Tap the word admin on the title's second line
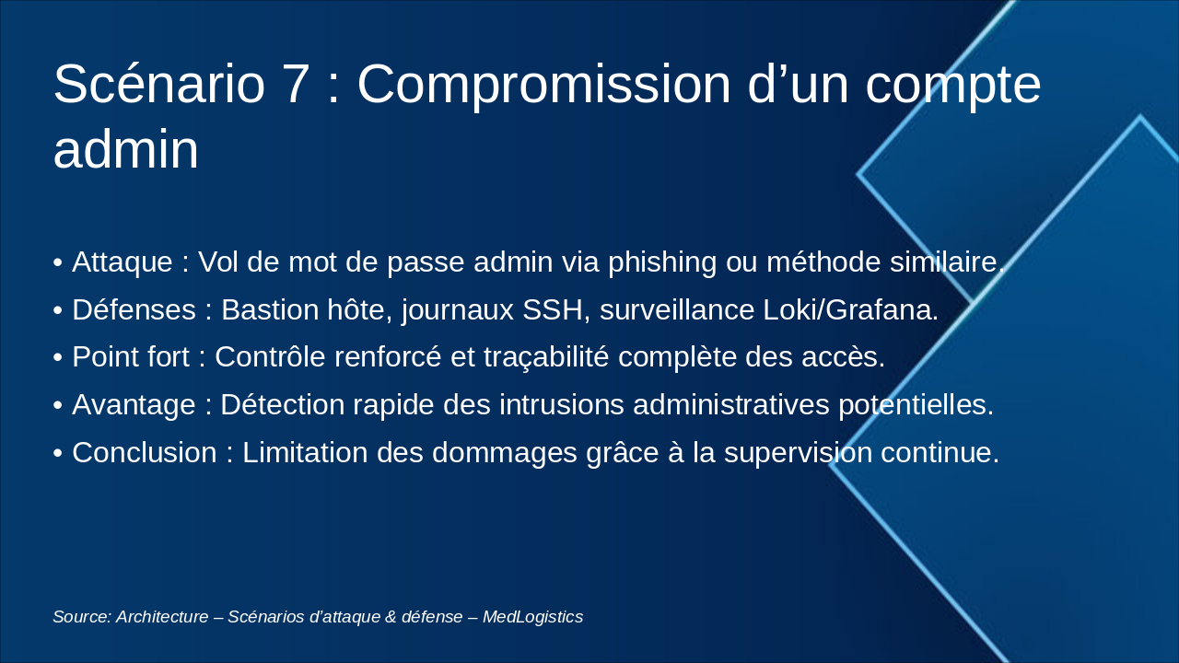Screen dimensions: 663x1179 click(x=125, y=149)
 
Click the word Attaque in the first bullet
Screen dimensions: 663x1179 click(x=122, y=262)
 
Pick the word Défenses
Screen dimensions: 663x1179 click(x=134, y=310)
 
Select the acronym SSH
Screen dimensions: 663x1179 click(x=556, y=310)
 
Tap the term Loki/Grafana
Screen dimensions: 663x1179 click(x=850, y=310)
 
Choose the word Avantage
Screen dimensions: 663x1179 click(x=134, y=405)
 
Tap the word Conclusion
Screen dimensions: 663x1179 click(x=144, y=453)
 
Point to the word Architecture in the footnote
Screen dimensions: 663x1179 click(x=162, y=617)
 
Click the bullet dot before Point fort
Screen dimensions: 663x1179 click(x=58, y=358)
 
